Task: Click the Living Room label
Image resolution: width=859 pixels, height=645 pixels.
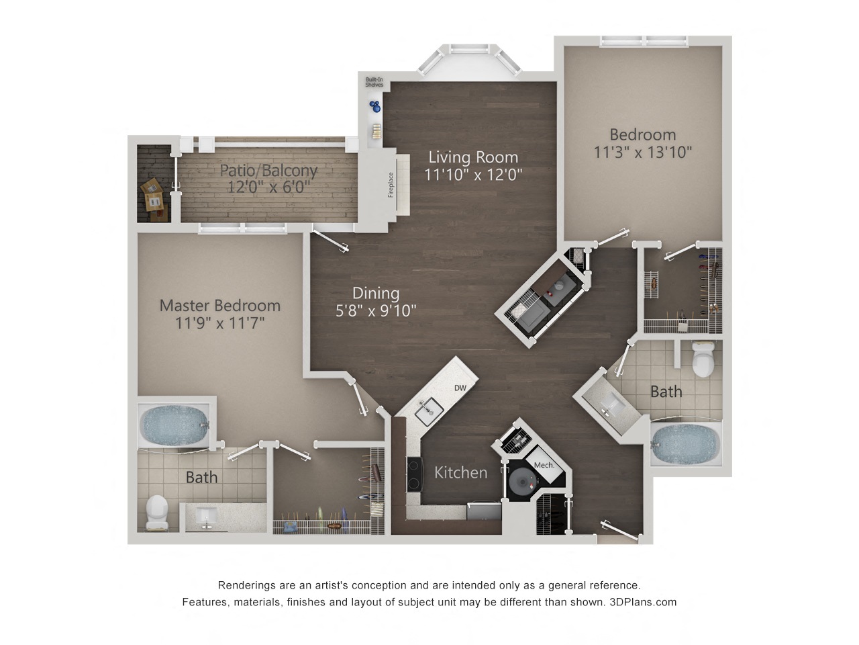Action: tap(472, 157)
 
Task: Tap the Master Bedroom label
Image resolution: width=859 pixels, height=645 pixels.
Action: tap(220, 306)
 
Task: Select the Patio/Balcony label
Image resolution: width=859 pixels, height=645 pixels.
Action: tap(268, 171)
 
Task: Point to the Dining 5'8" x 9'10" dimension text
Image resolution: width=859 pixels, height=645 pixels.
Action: tap(376, 310)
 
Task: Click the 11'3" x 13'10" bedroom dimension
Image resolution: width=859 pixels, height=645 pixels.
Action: tap(643, 152)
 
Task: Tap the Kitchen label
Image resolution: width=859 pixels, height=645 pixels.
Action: tap(460, 473)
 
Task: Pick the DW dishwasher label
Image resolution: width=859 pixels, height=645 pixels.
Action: tap(460, 388)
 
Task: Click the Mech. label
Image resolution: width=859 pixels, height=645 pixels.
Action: tap(544, 465)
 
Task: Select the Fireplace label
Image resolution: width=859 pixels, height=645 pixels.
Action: tap(391, 185)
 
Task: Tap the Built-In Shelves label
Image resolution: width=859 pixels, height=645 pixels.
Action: tap(374, 82)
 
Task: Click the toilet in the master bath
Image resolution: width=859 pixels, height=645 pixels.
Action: tap(157, 512)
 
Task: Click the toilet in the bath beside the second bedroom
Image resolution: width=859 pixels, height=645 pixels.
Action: tap(703, 359)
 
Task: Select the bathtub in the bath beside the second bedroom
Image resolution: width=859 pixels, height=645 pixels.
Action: tap(686, 444)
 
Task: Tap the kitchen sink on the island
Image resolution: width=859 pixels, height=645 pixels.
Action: tap(429, 411)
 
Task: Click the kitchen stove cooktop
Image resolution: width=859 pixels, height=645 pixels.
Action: tap(415, 474)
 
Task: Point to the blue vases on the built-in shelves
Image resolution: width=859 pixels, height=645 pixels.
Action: tap(375, 106)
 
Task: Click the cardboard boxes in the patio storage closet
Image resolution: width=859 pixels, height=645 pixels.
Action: tap(154, 199)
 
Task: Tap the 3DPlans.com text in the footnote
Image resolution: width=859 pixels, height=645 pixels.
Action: tap(643, 602)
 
